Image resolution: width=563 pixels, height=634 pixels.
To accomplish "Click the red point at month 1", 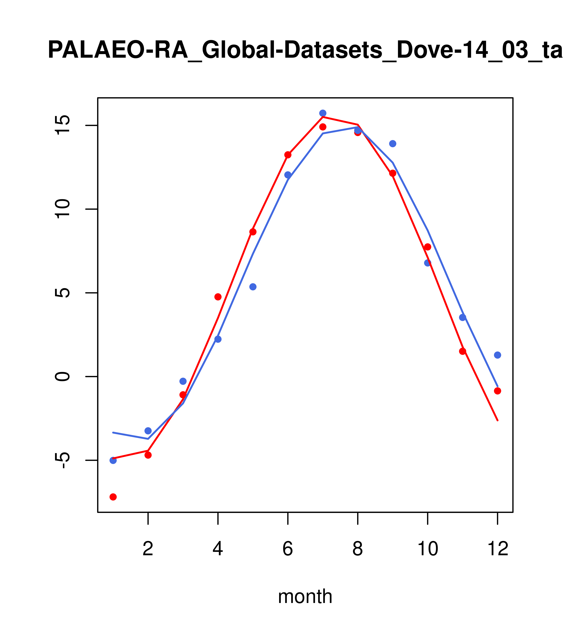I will pos(113,497).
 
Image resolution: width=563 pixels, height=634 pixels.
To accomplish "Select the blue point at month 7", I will pos(323,113).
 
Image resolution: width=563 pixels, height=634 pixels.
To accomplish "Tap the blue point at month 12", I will pos(497,355).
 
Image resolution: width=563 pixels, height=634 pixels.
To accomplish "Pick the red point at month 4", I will pos(218,297).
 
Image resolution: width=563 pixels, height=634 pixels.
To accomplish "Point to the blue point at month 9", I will pos(393,144).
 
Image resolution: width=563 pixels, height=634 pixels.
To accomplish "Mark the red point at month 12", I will pos(497,391).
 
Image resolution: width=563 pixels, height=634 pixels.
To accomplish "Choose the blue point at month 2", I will pos(148,431).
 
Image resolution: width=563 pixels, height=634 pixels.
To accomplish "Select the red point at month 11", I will pos(462,351).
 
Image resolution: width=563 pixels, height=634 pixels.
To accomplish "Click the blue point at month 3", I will pos(183,381).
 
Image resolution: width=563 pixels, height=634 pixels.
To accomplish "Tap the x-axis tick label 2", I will pos(148,549).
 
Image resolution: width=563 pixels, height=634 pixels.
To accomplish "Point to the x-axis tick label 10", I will pos(428,549).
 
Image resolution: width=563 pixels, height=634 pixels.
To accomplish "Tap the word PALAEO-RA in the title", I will pos(118,50).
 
